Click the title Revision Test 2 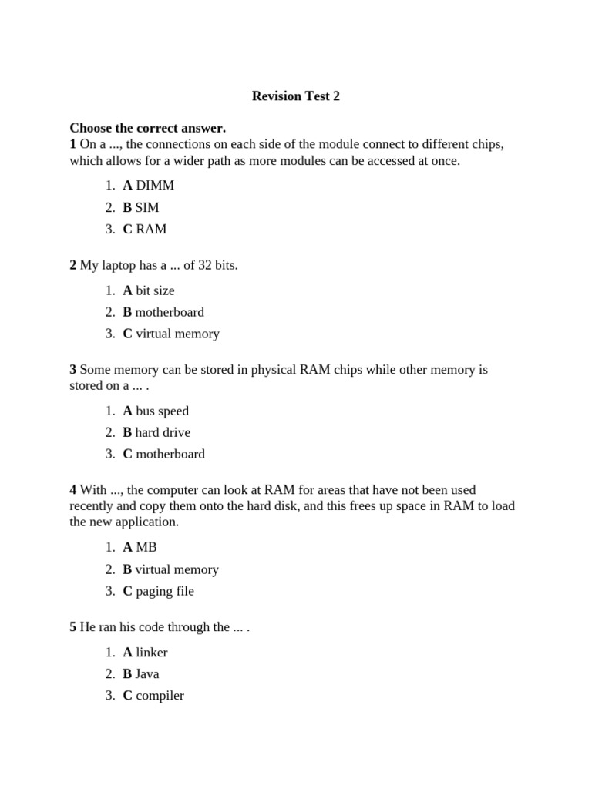(x=296, y=96)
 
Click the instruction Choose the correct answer (x=147, y=127)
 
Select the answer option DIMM (x=155, y=185)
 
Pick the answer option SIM (x=147, y=207)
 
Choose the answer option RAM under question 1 (x=151, y=229)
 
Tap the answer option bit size (x=155, y=290)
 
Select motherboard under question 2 (x=170, y=312)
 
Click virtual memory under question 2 (x=177, y=334)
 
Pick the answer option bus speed (x=162, y=411)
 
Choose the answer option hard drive (x=163, y=432)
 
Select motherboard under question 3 (x=170, y=454)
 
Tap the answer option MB (x=146, y=547)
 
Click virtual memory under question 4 (x=177, y=569)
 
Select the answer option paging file (x=165, y=591)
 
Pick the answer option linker (x=152, y=653)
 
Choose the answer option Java (x=147, y=674)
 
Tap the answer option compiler (x=160, y=696)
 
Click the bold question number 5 (x=73, y=627)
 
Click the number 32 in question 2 (x=203, y=266)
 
